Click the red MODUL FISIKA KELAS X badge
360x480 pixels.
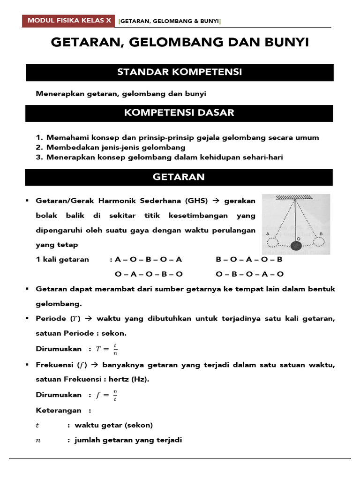coord(69,21)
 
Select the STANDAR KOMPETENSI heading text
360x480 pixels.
coord(180,72)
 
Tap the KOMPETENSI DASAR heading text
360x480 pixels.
coord(179,113)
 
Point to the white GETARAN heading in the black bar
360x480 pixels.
coord(179,177)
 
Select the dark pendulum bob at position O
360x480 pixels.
coord(296,245)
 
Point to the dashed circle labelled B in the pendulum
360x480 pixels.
coord(320,241)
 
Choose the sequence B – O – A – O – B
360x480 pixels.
coord(249,260)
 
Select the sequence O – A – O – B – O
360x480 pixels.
coord(149,274)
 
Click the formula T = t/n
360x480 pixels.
coord(107,349)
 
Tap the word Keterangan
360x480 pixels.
coord(59,411)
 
